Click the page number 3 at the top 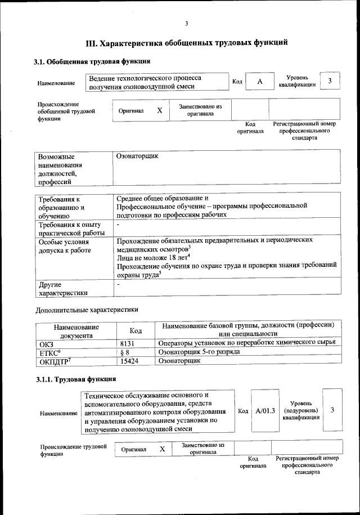tap(186, 23)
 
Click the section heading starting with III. tap(187, 42)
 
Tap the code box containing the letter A tap(259, 82)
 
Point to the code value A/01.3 tap(264, 411)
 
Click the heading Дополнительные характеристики tap(87, 309)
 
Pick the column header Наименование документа tap(76, 330)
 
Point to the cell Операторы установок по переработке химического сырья tap(247, 342)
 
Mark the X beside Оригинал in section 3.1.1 tap(162, 449)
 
